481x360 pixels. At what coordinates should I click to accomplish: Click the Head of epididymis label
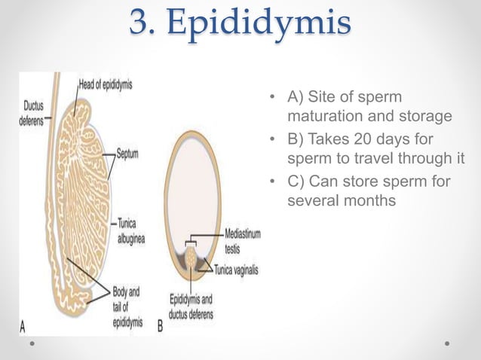pos(106,84)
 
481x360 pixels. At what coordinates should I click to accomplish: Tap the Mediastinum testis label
pos(242,240)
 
